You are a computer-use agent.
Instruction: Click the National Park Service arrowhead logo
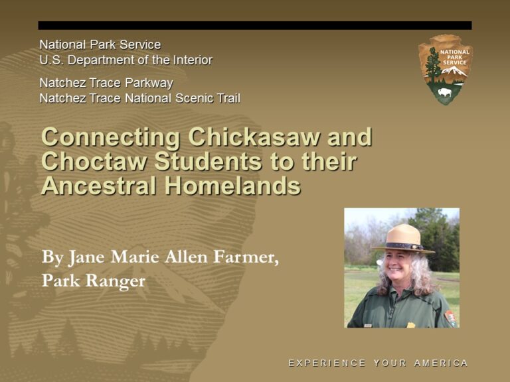[x=444, y=69]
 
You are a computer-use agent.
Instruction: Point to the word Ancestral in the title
[x=99, y=185]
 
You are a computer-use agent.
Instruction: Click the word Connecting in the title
[x=110, y=137]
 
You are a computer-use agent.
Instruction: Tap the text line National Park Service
[x=100, y=45]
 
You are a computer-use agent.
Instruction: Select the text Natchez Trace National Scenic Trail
[x=139, y=99]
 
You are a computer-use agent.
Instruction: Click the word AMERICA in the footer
[x=441, y=363]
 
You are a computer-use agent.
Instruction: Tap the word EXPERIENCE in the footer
[x=327, y=363]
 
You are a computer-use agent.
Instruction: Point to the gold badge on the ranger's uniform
[x=411, y=324]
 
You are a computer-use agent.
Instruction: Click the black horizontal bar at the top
[x=255, y=25]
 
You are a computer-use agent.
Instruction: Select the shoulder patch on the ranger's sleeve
[x=450, y=318]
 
